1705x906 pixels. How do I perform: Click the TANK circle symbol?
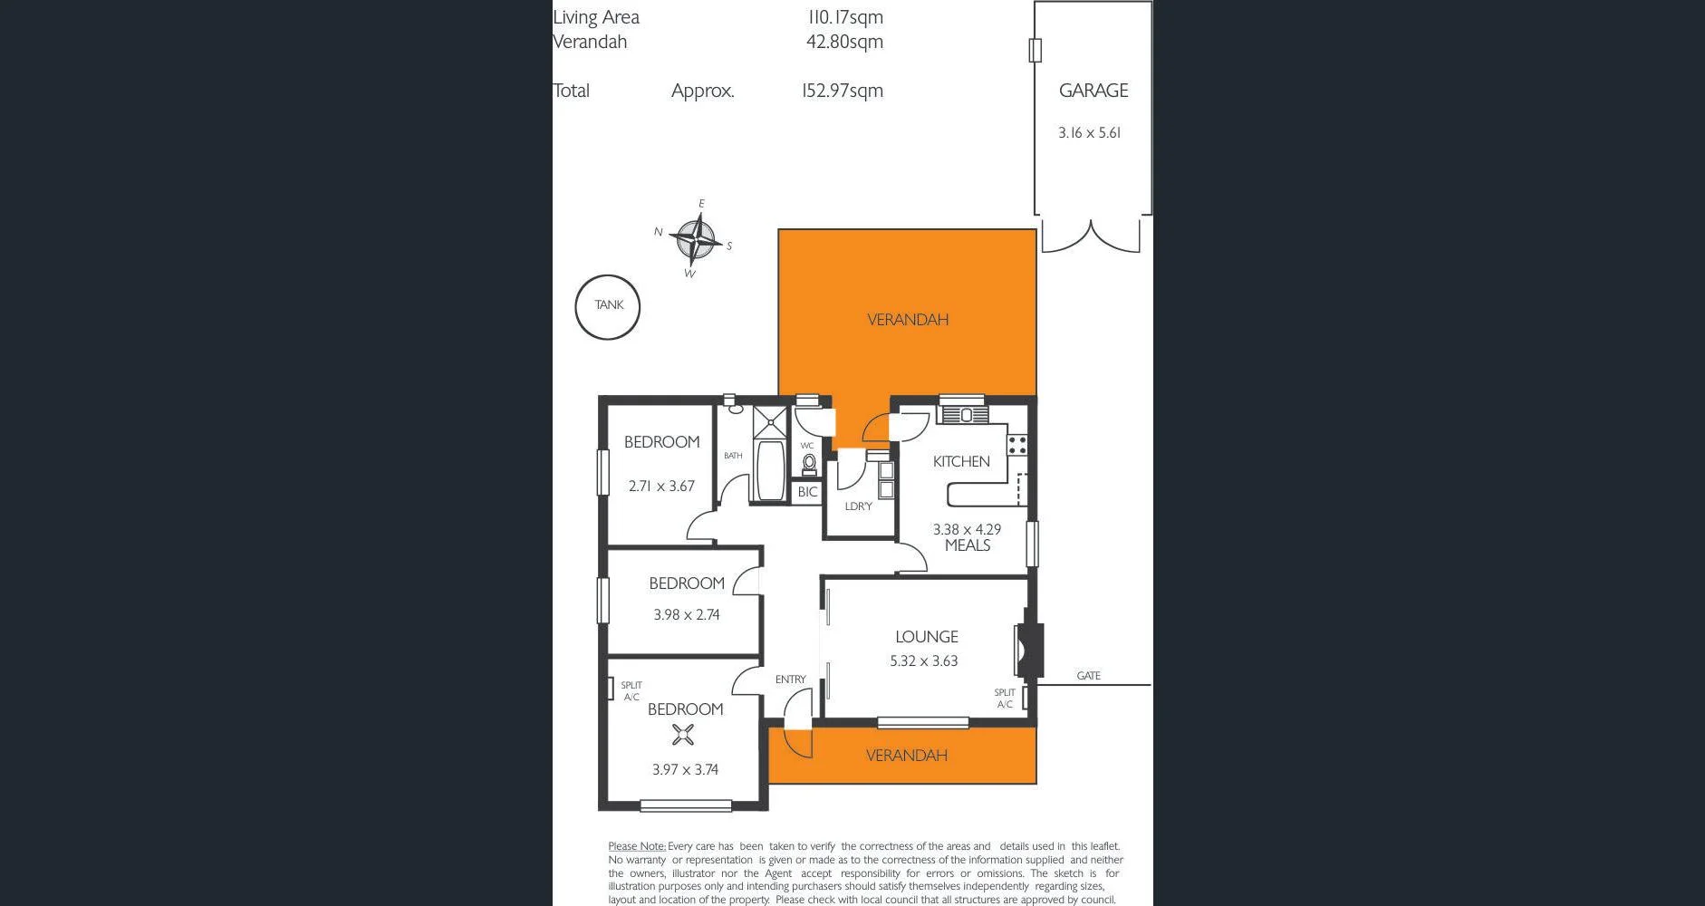click(608, 307)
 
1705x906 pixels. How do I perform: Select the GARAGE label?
click(1093, 91)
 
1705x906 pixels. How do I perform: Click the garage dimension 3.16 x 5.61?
click(1090, 133)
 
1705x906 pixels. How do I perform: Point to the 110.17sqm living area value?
click(845, 17)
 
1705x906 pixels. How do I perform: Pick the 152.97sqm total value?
click(843, 91)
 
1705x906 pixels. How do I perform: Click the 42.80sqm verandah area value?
click(844, 42)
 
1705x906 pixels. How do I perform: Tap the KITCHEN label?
click(961, 461)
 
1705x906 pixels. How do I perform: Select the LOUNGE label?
click(926, 637)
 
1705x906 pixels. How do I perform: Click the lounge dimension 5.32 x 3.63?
click(923, 661)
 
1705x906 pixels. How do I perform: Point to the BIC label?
click(807, 492)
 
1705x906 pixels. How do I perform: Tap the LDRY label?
click(858, 506)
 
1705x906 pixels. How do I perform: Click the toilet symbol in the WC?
click(809, 465)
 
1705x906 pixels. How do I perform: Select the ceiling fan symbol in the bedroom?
click(683, 734)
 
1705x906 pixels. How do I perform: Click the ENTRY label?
click(790, 679)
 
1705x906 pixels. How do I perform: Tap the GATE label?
click(1088, 676)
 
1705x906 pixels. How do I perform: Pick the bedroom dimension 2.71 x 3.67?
click(661, 487)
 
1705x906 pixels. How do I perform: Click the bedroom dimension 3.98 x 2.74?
click(686, 614)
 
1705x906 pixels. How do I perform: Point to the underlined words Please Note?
click(637, 846)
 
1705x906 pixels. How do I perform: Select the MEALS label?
click(967, 545)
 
